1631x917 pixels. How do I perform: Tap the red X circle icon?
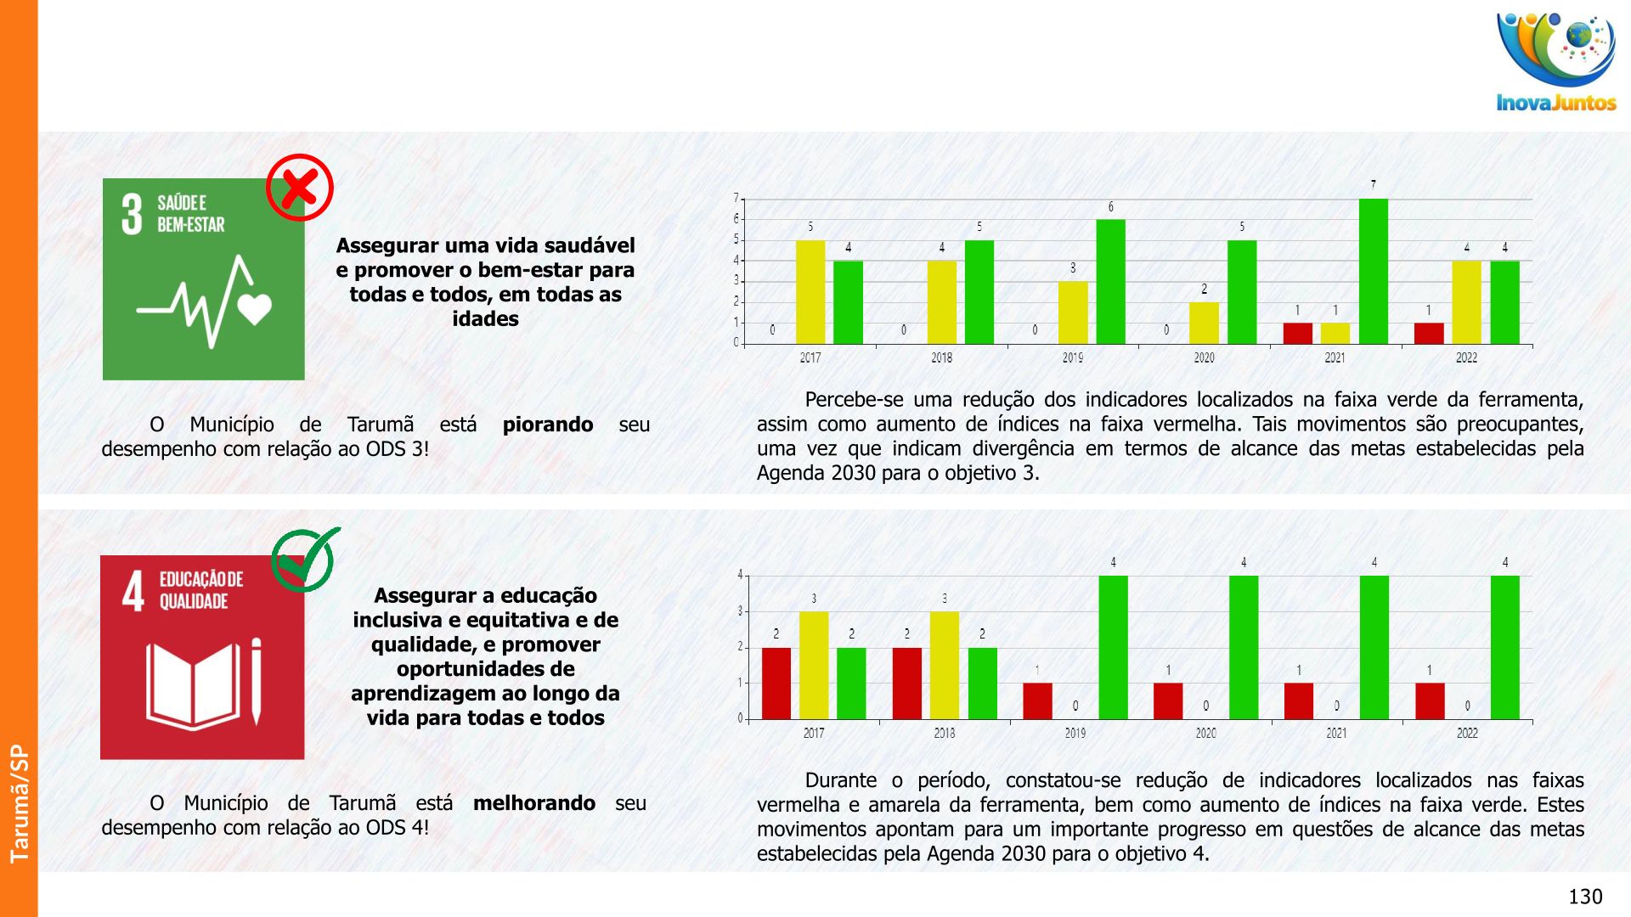(x=299, y=188)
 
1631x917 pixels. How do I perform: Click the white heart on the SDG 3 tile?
(x=255, y=308)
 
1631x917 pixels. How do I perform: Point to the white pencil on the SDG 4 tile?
(x=256, y=682)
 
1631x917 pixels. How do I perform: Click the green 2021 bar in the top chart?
(x=1373, y=272)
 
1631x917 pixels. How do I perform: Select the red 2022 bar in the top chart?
(x=1429, y=333)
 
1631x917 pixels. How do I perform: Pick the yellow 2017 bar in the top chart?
(x=810, y=292)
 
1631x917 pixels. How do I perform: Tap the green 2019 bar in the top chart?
(x=1110, y=282)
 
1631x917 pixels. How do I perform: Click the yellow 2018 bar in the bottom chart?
(x=945, y=666)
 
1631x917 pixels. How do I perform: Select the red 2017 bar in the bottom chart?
(x=776, y=684)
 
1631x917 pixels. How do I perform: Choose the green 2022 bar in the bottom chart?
(x=1504, y=648)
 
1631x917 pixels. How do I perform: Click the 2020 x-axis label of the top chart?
(x=1204, y=358)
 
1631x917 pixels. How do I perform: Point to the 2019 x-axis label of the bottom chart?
(x=1075, y=734)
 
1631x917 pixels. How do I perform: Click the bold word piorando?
(x=548, y=425)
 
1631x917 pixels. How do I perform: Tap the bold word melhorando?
(x=533, y=803)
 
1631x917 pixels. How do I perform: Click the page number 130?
(x=1584, y=897)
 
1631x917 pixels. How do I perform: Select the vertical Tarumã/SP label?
(x=19, y=803)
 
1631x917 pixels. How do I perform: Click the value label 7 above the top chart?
(x=1373, y=185)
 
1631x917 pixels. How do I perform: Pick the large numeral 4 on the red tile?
(x=133, y=591)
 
